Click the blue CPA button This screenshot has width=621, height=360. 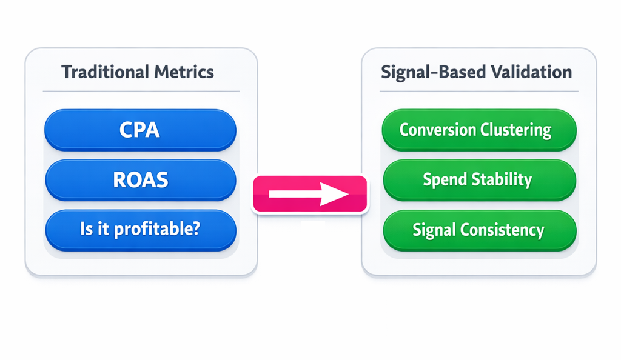coord(140,130)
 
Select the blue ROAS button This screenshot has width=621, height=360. coord(140,180)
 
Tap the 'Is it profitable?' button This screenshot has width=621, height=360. coord(140,230)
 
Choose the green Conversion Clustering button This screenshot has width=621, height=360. coord(478,130)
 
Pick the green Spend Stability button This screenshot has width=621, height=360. coord(478,180)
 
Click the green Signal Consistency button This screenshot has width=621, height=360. coord(478,230)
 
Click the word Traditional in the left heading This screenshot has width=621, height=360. coord(102,73)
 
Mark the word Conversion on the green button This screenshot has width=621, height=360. coord(438,130)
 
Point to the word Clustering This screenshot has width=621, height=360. coord(515,130)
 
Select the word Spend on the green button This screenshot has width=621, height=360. coord(445,180)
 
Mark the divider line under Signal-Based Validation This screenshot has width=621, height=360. coord(478,92)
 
